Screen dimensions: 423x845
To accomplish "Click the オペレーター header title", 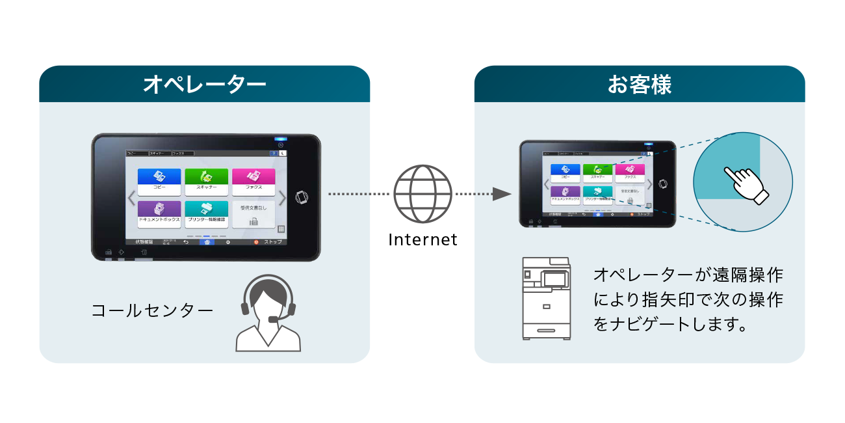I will [204, 85].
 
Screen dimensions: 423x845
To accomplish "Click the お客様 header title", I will [640, 85].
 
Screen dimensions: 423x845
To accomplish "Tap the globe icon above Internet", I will [422, 194].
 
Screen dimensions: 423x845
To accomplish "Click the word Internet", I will [422, 239].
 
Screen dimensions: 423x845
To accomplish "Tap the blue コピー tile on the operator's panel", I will [159, 182].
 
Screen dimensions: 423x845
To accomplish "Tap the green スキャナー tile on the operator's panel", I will [206, 182].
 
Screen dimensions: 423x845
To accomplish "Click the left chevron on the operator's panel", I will [131, 198].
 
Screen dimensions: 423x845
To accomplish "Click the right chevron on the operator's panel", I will [282, 198].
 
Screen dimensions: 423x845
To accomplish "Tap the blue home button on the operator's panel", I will [207, 241].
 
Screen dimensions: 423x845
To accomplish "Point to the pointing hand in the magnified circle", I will [746, 184].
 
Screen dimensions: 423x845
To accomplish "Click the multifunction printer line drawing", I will [547, 298].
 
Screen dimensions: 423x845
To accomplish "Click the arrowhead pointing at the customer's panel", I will [500, 194].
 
